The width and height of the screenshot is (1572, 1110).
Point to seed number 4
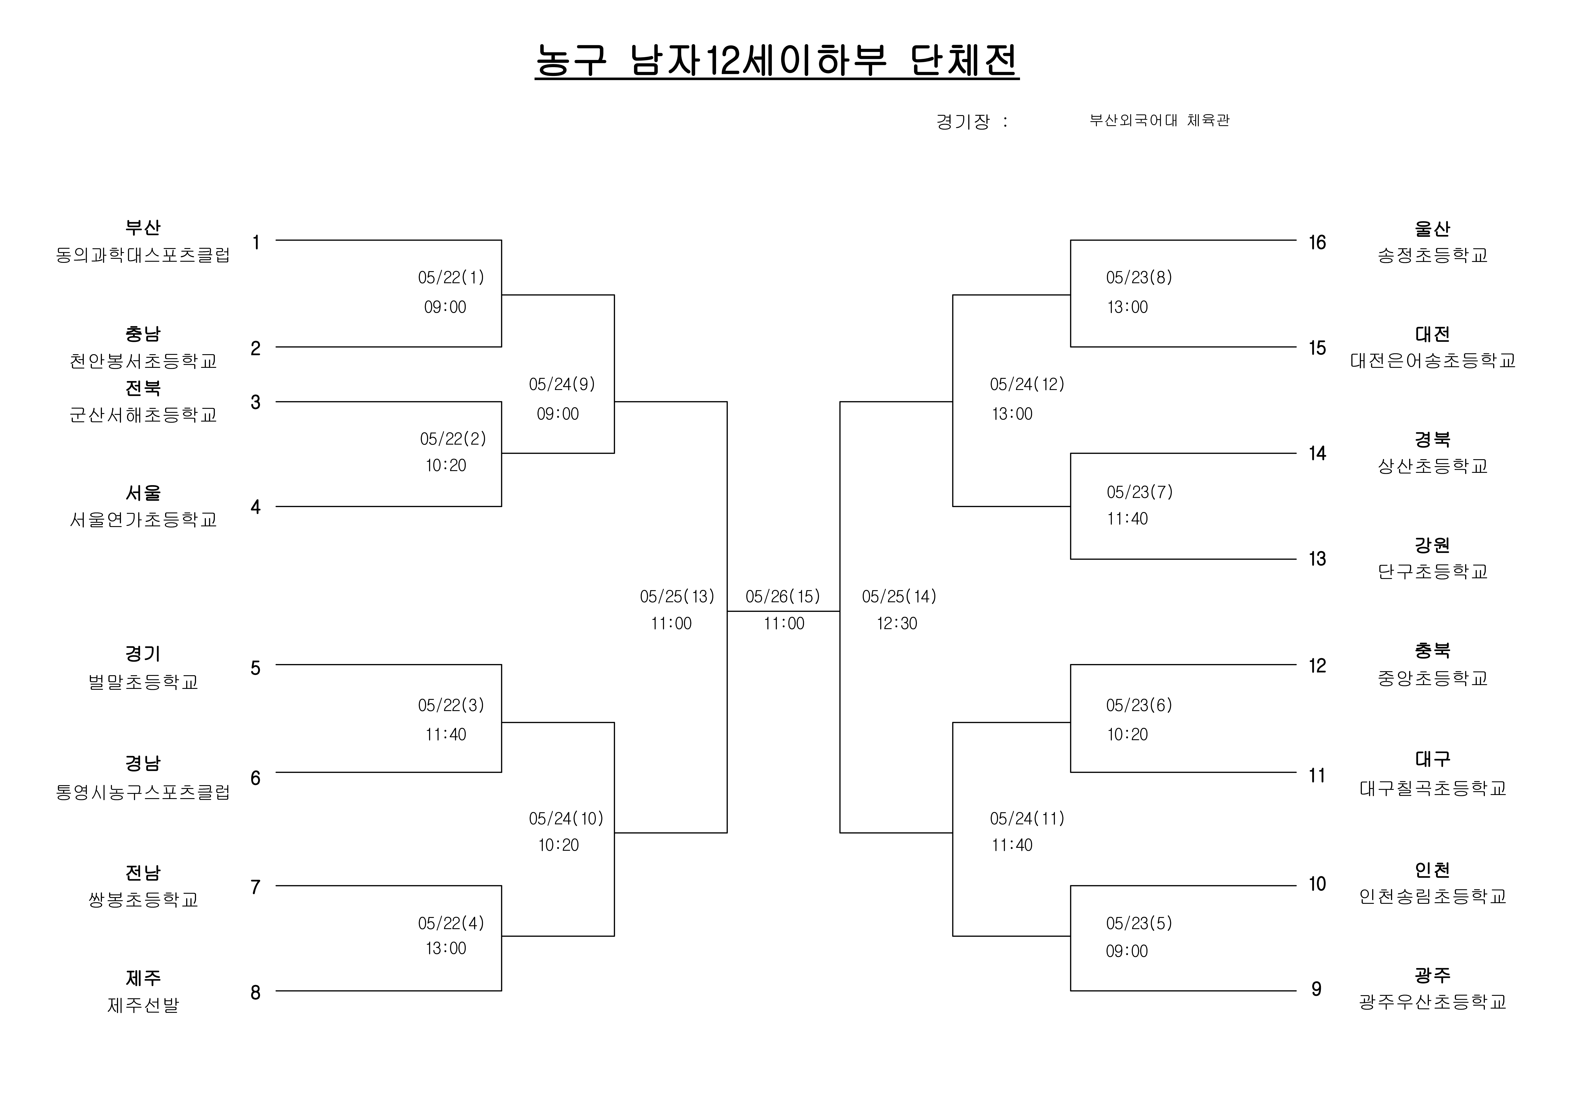[x=255, y=507]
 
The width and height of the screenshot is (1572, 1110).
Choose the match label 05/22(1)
[x=451, y=277]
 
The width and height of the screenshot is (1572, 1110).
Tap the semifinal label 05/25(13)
[x=677, y=597]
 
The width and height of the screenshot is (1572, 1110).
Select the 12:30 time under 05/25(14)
[x=897, y=624]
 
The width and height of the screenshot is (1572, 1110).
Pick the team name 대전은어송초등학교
[x=1432, y=361]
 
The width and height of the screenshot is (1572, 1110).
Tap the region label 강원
[x=1432, y=545]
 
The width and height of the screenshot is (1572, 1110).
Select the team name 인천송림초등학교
[x=1432, y=896]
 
